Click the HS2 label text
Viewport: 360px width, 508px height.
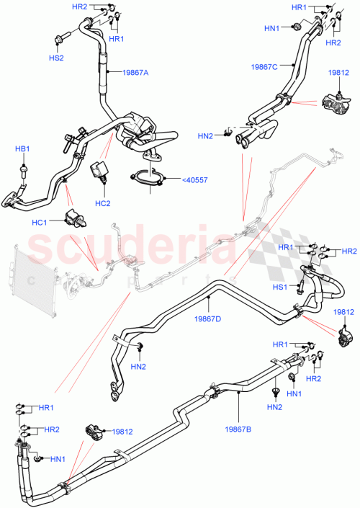point(55,57)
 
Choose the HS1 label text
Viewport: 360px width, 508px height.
point(279,288)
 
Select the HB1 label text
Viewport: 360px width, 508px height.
point(23,148)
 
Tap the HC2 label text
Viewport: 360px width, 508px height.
point(102,202)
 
